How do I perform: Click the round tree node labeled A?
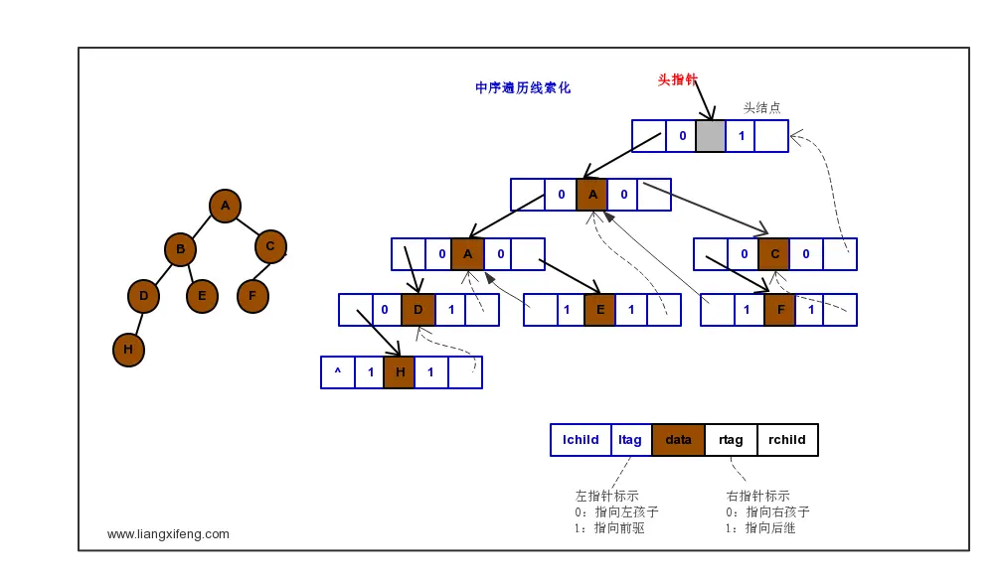pos(225,206)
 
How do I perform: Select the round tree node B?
pos(180,249)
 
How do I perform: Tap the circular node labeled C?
pos(270,246)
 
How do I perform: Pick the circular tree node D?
pos(143,296)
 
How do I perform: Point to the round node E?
pos(202,296)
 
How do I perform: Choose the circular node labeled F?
pos(252,296)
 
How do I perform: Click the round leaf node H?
pos(128,350)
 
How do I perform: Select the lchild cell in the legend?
pos(581,440)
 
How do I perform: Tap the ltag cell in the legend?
pos(630,440)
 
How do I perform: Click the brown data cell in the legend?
pos(678,440)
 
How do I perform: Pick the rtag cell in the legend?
pos(731,440)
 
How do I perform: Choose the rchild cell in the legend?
pos(787,440)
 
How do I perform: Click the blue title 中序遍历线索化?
pos(523,87)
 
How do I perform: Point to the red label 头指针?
pos(677,79)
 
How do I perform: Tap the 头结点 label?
pos(762,107)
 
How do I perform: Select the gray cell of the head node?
pos(711,136)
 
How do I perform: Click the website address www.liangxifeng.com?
pos(168,533)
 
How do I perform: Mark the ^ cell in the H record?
pos(338,372)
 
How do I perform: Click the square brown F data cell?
pos(780,310)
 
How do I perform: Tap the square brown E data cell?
pos(599,310)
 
